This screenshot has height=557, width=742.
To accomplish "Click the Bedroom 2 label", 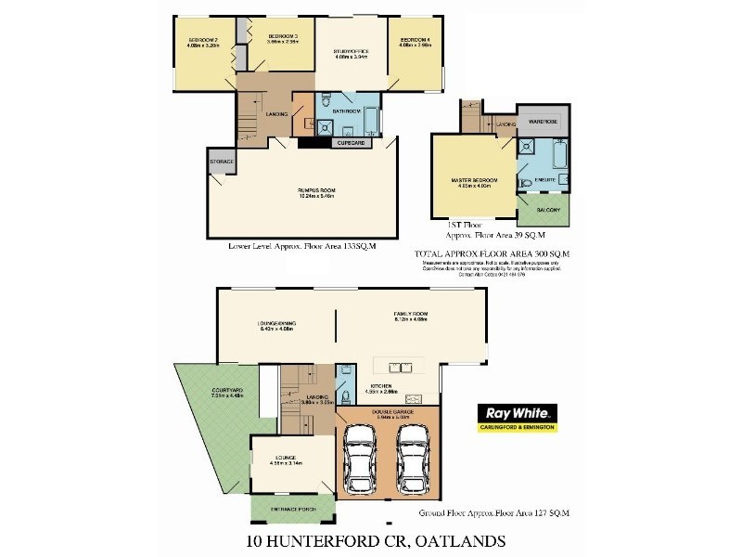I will point(202,41).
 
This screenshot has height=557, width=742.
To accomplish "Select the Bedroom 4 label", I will point(415,41).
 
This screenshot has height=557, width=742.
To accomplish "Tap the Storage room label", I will point(223,162).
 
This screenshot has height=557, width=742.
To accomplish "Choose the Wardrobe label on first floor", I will point(543,122).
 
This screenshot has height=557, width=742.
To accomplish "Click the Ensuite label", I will point(545,178).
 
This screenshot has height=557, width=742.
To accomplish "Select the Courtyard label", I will point(226,390).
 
